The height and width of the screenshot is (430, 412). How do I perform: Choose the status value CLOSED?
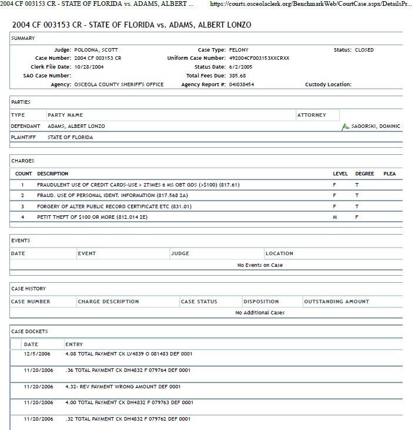click(364, 50)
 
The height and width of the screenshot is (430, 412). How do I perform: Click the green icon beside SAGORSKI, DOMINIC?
click(346, 126)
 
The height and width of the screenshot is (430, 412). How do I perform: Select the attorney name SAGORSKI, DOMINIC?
click(376, 126)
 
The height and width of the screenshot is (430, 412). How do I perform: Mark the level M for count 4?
click(334, 216)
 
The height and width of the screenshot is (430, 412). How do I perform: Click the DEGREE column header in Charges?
click(364, 174)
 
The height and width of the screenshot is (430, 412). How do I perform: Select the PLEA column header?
click(390, 174)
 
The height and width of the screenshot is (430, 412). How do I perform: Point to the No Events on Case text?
click(260, 265)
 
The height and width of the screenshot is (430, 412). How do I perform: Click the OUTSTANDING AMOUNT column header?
click(336, 302)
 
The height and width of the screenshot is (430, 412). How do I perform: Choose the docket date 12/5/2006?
click(38, 354)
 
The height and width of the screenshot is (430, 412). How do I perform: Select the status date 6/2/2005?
click(239, 67)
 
